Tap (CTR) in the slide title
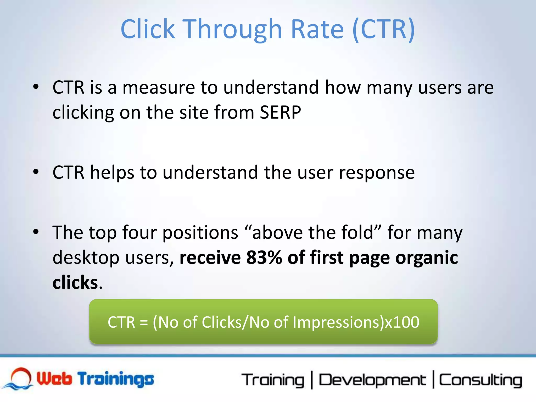pos(383,29)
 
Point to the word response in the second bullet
pos(377,173)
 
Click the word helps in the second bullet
pos(112,173)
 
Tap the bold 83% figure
pos(264,258)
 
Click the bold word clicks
pos(75,283)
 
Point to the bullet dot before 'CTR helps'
pos(36,172)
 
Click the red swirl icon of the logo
pos(21,377)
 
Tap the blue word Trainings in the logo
pos(116,379)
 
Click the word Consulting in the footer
pos(480,380)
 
